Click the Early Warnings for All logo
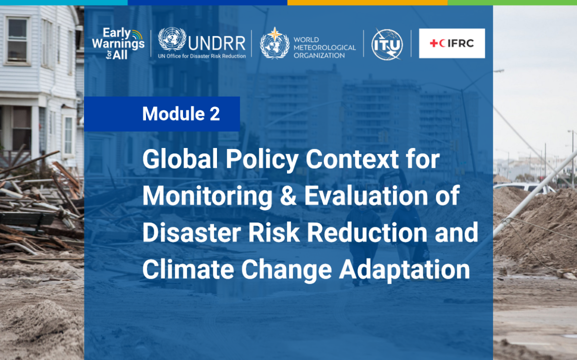click(x=118, y=43)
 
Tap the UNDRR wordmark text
click(x=216, y=43)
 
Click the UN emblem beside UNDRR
click(x=172, y=39)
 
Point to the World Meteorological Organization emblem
click(x=275, y=43)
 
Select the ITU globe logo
click(x=387, y=44)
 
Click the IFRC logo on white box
click(x=452, y=43)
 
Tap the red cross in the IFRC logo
click(x=434, y=43)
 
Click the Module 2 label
click(x=181, y=114)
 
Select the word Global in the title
click(x=180, y=159)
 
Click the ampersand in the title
click(x=288, y=195)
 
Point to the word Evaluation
click(x=366, y=195)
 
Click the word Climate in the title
click(x=188, y=269)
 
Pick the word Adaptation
click(x=404, y=270)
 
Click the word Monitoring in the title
click(x=208, y=196)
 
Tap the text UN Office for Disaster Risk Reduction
click(x=202, y=56)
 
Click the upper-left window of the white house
click(x=17, y=40)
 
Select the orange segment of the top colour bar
click(x=367, y=2)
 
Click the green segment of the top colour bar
click(x=512, y=2)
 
